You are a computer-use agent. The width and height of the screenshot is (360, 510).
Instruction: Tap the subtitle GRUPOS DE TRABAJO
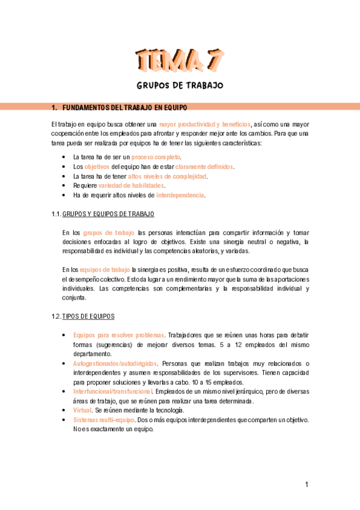(x=180, y=85)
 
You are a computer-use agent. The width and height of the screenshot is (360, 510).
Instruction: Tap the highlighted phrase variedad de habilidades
(x=131, y=186)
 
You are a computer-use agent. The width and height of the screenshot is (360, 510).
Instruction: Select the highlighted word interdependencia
(x=180, y=195)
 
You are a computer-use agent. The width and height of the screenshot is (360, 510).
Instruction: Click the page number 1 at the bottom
(x=307, y=485)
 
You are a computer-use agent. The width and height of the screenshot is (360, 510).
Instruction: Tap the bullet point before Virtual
(x=65, y=410)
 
